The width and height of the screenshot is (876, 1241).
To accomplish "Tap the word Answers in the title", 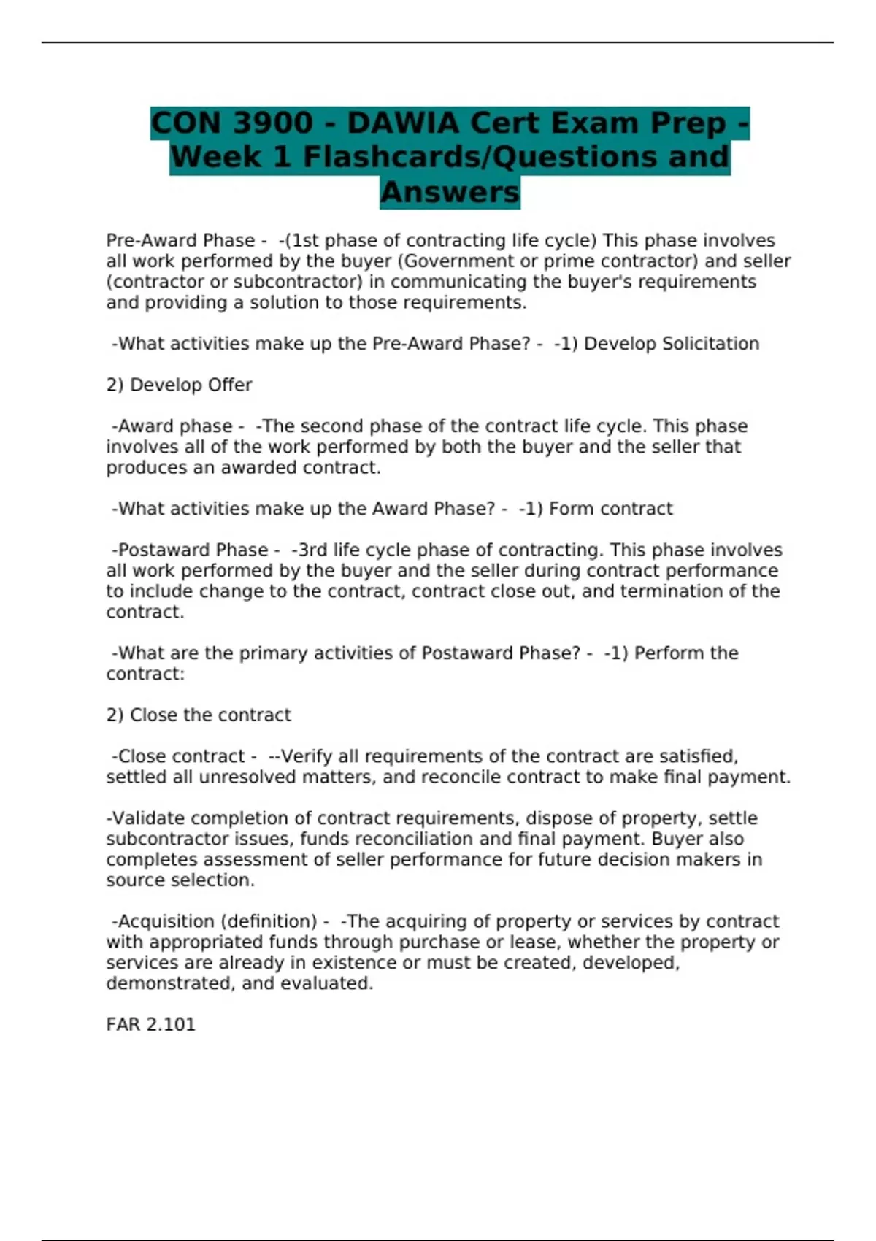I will pos(450,193).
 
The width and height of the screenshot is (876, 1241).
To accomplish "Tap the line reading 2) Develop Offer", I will pos(179,385).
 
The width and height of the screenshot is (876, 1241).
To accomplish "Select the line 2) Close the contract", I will pos(199,715).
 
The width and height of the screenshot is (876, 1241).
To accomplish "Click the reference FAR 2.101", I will pos(150,1025).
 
